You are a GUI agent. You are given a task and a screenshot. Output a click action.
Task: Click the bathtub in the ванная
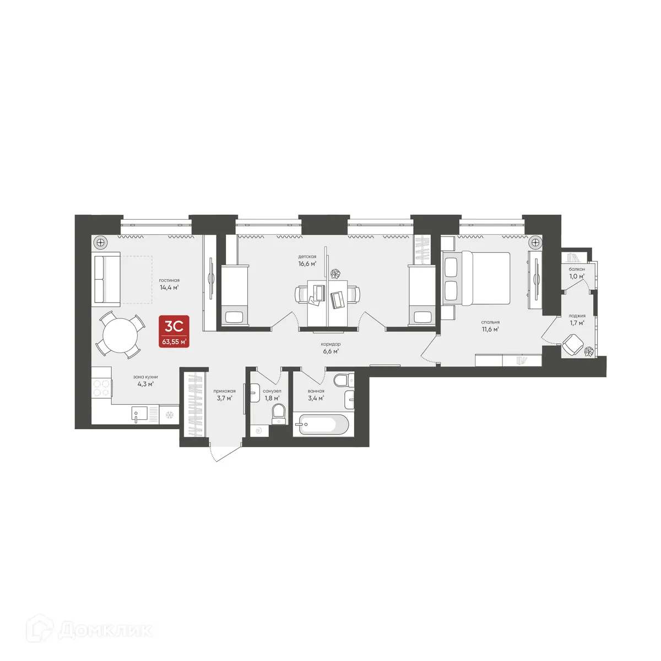[x=321, y=425]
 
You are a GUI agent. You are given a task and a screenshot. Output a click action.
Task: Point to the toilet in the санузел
[x=279, y=414]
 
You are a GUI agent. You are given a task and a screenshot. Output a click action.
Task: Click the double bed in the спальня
[x=477, y=279]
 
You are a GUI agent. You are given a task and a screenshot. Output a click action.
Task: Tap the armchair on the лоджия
[x=573, y=346]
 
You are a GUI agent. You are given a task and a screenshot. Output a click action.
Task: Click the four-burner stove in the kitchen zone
[x=101, y=389]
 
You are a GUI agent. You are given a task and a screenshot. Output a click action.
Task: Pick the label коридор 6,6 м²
[x=330, y=348]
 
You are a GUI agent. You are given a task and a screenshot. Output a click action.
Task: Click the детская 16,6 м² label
[x=307, y=260]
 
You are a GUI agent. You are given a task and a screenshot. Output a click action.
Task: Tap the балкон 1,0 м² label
[x=577, y=273]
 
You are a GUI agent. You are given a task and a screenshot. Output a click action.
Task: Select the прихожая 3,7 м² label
[x=225, y=394]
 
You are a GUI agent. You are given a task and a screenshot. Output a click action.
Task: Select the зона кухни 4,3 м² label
[x=145, y=381]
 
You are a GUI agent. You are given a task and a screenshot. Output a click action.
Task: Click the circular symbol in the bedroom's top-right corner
[x=534, y=242]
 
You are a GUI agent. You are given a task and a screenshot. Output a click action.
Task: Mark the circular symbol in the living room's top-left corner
[x=100, y=242]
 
